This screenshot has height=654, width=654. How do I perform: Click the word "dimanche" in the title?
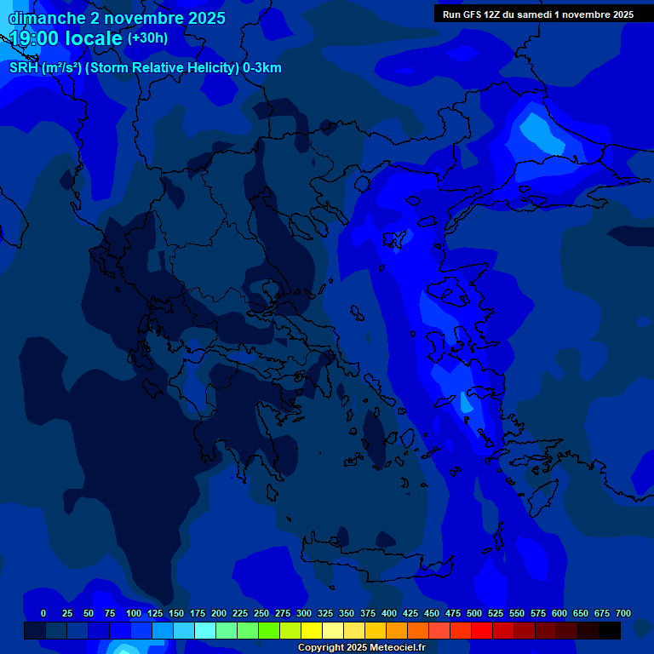click(43, 18)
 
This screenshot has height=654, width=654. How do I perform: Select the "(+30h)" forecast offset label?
click(147, 38)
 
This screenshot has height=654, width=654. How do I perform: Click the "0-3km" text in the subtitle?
click(262, 68)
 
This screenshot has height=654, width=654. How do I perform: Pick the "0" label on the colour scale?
click(43, 613)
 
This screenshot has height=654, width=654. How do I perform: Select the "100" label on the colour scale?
click(134, 613)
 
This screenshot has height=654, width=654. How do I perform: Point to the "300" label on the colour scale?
click(304, 613)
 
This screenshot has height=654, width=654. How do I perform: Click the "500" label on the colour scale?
click(474, 613)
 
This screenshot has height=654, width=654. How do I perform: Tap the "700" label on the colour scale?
click(623, 613)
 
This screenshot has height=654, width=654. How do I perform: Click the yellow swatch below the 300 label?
click(312, 630)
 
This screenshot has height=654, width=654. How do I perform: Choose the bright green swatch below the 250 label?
click(269, 630)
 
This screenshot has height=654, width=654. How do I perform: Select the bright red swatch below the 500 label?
click(482, 630)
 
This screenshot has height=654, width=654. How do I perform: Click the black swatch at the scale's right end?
click(610, 630)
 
